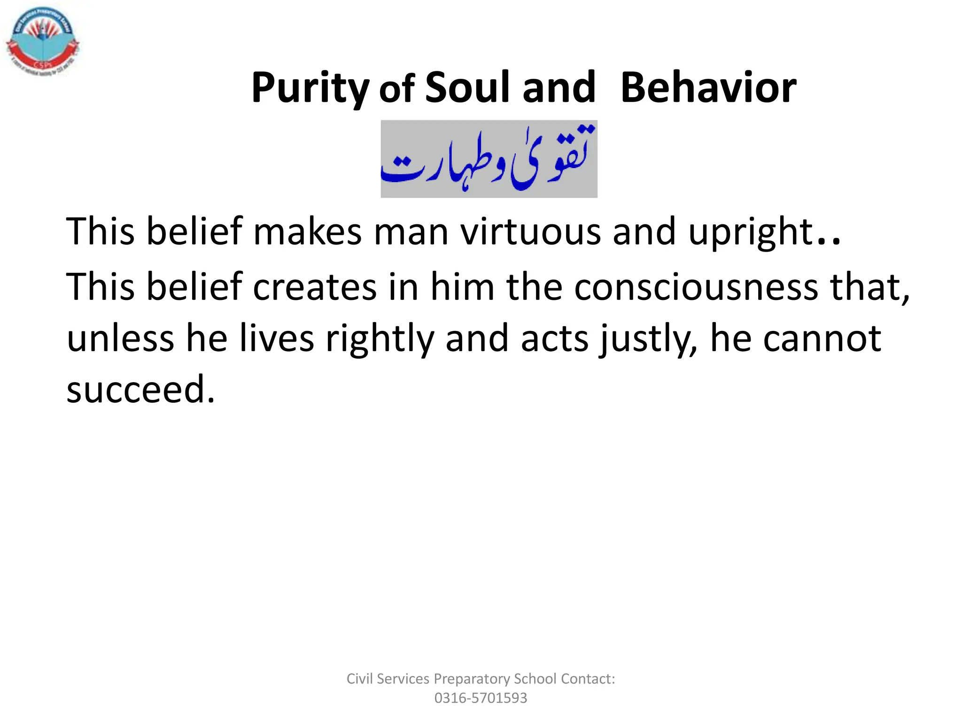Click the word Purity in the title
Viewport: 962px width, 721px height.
click(x=310, y=88)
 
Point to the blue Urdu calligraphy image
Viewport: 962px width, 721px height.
click(x=489, y=159)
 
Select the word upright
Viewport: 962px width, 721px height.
click(x=751, y=232)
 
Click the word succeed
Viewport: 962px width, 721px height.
click(x=140, y=390)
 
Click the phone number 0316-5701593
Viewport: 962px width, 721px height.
click(x=481, y=698)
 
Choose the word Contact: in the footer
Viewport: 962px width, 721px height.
click(x=588, y=679)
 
